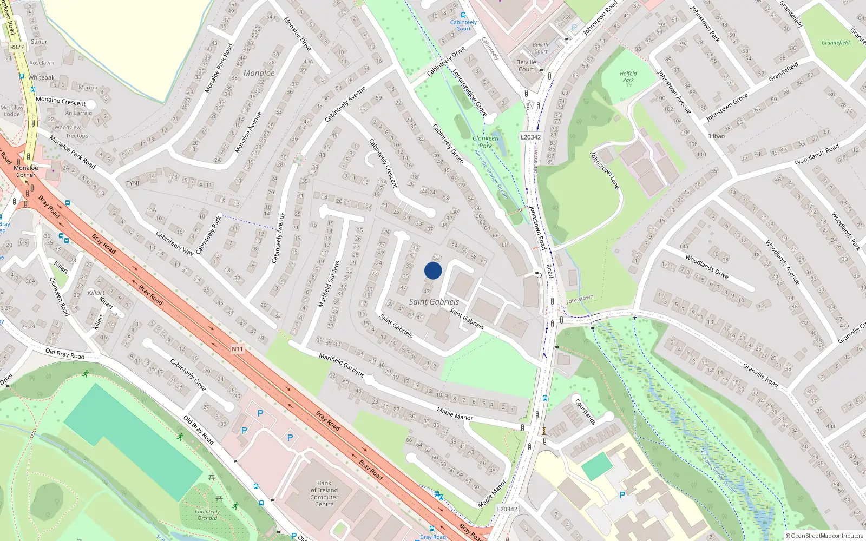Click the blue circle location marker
click(432, 270)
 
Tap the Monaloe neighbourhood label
click(259, 73)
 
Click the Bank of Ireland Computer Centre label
click(324, 493)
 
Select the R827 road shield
click(17, 47)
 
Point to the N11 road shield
click(237, 349)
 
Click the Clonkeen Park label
click(486, 142)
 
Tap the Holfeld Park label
click(628, 77)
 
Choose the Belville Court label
click(526, 65)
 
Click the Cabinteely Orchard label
click(207, 514)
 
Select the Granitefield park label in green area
click(835, 43)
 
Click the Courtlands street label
click(585, 412)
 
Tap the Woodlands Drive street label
click(707, 266)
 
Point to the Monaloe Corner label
click(26, 171)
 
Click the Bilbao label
click(716, 136)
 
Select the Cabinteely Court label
click(463, 25)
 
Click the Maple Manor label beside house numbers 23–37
click(455, 414)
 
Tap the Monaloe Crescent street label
click(61, 101)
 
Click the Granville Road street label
click(760, 375)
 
